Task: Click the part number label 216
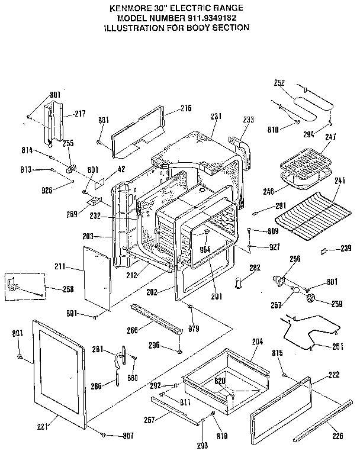[186, 108]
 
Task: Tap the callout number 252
[280, 82]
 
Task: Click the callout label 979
[193, 329]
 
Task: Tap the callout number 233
[248, 120]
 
